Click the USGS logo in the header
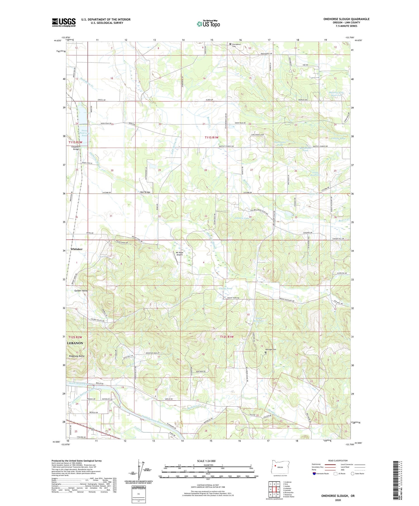click(64, 22)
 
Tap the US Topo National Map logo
click(208, 24)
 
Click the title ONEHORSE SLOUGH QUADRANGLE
click(346, 19)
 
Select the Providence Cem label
click(236, 45)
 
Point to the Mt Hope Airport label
click(179, 253)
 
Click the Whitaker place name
click(77, 249)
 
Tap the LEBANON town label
click(75, 343)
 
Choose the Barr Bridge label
click(145, 192)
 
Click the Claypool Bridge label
click(76, 148)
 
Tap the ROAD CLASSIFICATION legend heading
click(338, 461)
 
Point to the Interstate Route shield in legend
click(314, 473)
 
